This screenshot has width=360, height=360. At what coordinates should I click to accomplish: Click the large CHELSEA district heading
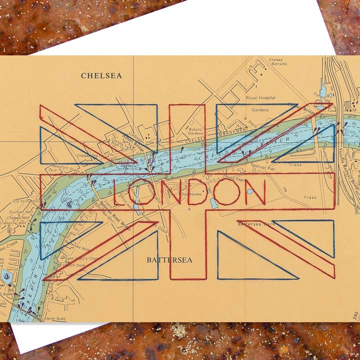coord(101,75)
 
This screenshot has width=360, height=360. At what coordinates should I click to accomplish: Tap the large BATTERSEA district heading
coord(169,260)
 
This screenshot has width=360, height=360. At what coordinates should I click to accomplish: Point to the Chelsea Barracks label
coord(278,61)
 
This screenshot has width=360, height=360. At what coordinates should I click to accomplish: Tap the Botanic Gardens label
coord(195,131)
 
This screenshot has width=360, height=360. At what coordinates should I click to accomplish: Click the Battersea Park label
coord(256,224)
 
